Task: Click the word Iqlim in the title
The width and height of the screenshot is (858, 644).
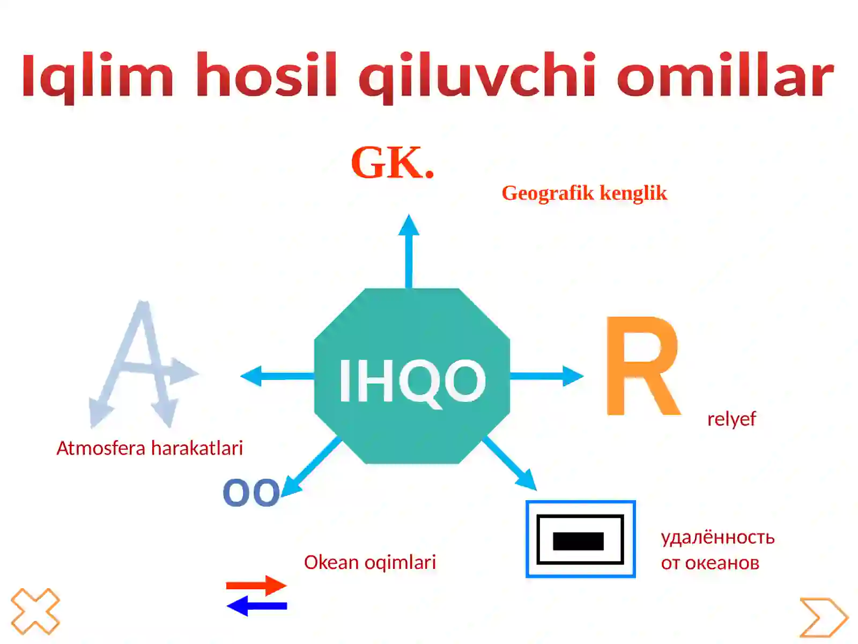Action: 98,76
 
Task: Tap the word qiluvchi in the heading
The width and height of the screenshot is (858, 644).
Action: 477,76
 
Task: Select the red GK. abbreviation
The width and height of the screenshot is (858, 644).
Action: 392,163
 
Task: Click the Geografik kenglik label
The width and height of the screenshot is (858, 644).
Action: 584,193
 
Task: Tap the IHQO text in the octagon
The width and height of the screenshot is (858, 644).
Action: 412,380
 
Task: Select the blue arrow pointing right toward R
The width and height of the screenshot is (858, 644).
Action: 547,376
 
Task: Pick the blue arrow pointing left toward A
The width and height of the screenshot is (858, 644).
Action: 276,376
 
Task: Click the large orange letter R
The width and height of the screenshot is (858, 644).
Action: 642,366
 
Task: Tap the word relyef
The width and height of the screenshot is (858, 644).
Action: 731,419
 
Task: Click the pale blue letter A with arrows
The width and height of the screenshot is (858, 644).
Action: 143,365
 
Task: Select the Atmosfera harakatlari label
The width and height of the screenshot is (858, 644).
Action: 150,448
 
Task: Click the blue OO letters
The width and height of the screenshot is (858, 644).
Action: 251,493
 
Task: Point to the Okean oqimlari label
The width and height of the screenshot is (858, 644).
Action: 370,562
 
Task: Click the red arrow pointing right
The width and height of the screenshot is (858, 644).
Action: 256,586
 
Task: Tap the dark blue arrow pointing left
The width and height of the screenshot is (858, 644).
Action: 257,606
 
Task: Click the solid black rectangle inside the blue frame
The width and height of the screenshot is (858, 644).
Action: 578,541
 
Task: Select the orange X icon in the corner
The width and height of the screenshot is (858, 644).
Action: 35,611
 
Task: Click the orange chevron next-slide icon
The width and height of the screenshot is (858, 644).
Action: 823,617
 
